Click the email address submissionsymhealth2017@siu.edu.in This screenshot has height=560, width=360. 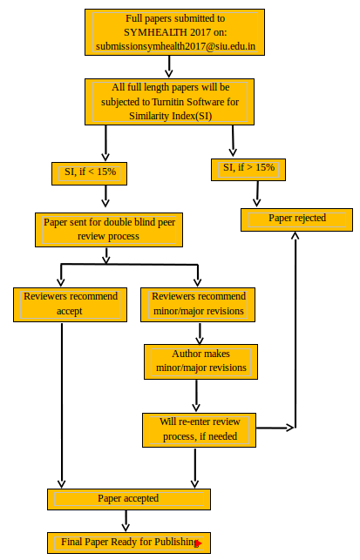pos(175,46)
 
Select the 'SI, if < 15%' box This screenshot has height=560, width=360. pos(90,173)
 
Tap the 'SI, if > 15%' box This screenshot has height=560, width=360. pos(248,170)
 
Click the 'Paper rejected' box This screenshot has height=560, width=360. pos(296,220)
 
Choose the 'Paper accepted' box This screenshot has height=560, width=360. pos(129,499)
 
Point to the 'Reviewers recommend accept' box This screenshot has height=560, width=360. pos(70,305)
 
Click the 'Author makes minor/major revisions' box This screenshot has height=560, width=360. pos(200,361)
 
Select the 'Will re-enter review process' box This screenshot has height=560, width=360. pos(199,430)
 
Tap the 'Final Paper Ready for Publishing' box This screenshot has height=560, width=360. pos(129,543)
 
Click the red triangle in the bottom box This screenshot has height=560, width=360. pos(199,544)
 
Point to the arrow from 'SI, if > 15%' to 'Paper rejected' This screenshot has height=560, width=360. pos(257,193)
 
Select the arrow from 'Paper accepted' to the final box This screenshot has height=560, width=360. pos(126,521)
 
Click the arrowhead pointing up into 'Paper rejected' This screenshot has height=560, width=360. pos(295,235)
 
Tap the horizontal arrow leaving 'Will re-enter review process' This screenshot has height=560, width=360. pos(275,428)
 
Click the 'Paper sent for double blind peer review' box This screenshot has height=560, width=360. pos(109,230)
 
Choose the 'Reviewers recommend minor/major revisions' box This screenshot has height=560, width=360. pos(198,305)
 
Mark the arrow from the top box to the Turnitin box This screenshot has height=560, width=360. pos(169,66)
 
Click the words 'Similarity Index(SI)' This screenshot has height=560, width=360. pos(171,116)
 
